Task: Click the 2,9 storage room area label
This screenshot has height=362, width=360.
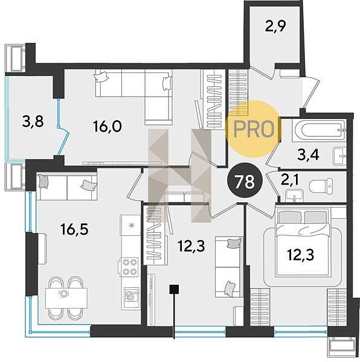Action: point(275,27)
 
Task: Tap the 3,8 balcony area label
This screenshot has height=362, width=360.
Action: point(33,121)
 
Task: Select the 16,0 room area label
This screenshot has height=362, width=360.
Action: point(107,126)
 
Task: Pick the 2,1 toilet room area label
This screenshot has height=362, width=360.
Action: point(290,180)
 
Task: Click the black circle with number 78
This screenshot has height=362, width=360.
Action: point(245,181)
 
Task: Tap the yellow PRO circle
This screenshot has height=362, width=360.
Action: point(254,129)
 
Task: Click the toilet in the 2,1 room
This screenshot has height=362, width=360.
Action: point(321,186)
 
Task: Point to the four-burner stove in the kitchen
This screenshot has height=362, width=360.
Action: point(129,267)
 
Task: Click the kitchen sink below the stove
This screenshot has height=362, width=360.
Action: point(131,294)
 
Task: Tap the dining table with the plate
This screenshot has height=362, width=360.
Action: point(66,298)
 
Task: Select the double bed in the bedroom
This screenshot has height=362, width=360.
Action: point(303,243)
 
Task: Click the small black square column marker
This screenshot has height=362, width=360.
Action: point(174,289)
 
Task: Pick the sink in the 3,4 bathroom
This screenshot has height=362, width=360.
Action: point(339,156)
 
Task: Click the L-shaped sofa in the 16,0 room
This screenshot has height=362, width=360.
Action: point(134,97)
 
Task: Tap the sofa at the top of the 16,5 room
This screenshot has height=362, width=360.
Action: point(67,187)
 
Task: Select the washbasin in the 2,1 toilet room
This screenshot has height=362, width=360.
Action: point(294,195)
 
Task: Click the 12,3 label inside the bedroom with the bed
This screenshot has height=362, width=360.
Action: point(300,255)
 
